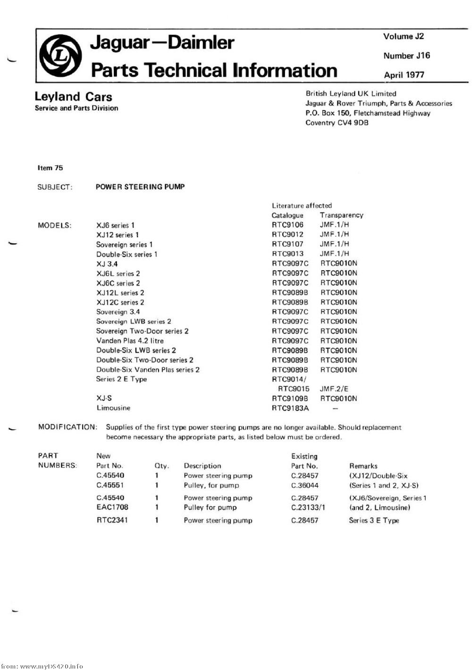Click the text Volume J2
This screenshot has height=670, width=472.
click(x=404, y=36)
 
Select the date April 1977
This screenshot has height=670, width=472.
click(x=404, y=75)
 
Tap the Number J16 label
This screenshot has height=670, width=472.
click(x=407, y=56)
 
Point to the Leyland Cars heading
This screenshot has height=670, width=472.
click(x=73, y=97)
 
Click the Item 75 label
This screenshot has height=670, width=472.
click(x=50, y=168)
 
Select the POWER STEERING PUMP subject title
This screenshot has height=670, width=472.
click(x=140, y=187)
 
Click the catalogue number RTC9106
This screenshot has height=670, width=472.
click(x=287, y=225)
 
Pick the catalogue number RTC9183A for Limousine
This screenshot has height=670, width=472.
click(x=290, y=408)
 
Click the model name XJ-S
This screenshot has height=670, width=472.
click(x=104, y=398)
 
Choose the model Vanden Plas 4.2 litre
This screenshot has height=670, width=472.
click(x=130, y=340)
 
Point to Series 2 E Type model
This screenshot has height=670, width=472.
click(x=121, y=379)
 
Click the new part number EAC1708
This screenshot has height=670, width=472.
click(x=112, y=507)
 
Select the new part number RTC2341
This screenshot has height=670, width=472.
click(x=112, y=520)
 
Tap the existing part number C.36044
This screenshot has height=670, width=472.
click(x=304, y=485)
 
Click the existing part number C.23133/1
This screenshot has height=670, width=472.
click(x=308, y=507)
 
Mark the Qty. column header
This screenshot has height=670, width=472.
click(x=161, y=466)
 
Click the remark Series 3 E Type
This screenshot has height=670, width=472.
click(x=374, y=520)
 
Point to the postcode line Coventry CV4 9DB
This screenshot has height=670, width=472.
click(x=337, y=123)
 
